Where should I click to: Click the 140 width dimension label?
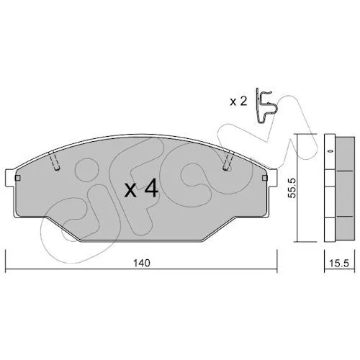pyautogui.click(x=142, y=263)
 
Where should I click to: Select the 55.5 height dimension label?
pyautogui.click(x=292, y=188)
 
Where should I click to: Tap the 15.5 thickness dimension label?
pyautogui.click(x=339, y=264)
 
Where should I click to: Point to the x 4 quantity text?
pyautogui.click(x=141, y=189)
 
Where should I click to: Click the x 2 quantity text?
pyautogui.click(x=238, y=102)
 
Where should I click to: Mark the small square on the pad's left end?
pyautogui.click(x=18, y=178)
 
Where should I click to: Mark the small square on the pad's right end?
pyautogui.click(x=265, y=178)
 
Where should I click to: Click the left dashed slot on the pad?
pyautogui.click(x=54, y=161)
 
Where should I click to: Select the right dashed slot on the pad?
pyautogui.click(x=228, y=161)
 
